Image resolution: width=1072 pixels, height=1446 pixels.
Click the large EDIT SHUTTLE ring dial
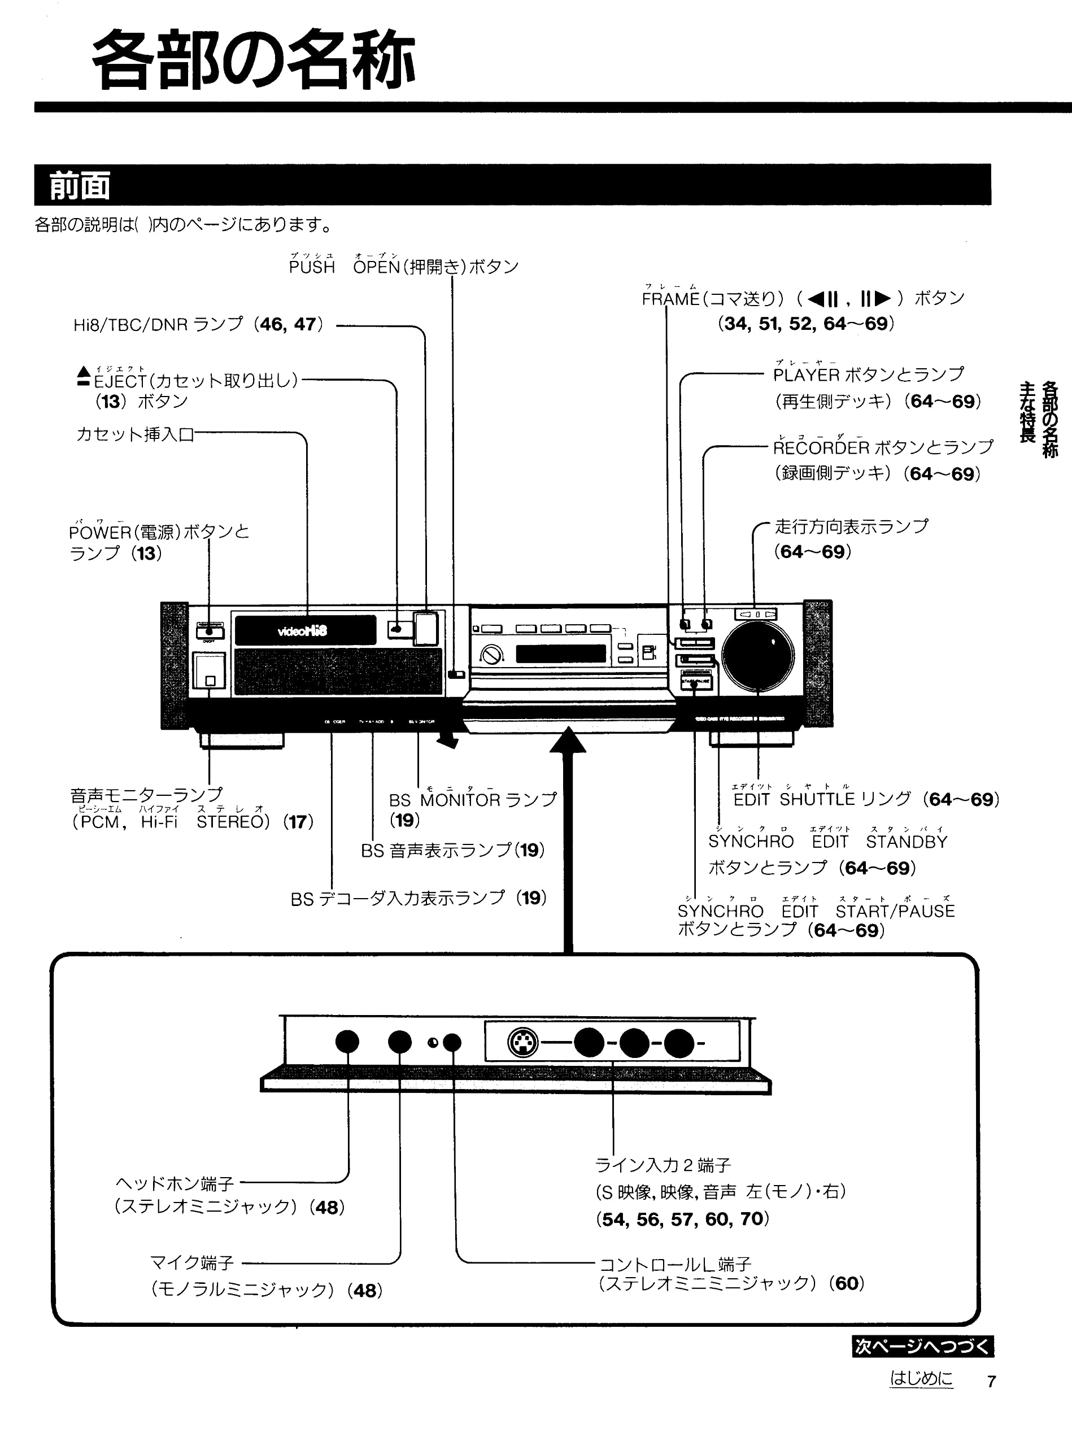pos(757,656)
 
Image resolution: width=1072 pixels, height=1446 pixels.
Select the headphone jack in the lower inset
pos(347,1042)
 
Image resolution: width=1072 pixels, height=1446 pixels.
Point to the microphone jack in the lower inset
pos(400,1042)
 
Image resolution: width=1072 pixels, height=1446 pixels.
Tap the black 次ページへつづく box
pos(922,1347)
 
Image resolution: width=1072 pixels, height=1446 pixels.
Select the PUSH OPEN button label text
pos(403,267)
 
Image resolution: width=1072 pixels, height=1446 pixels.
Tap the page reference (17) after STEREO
pos(298,822)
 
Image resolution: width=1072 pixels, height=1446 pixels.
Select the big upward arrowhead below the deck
pos(568,741)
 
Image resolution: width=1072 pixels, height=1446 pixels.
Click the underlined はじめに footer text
pos(921,1395)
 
